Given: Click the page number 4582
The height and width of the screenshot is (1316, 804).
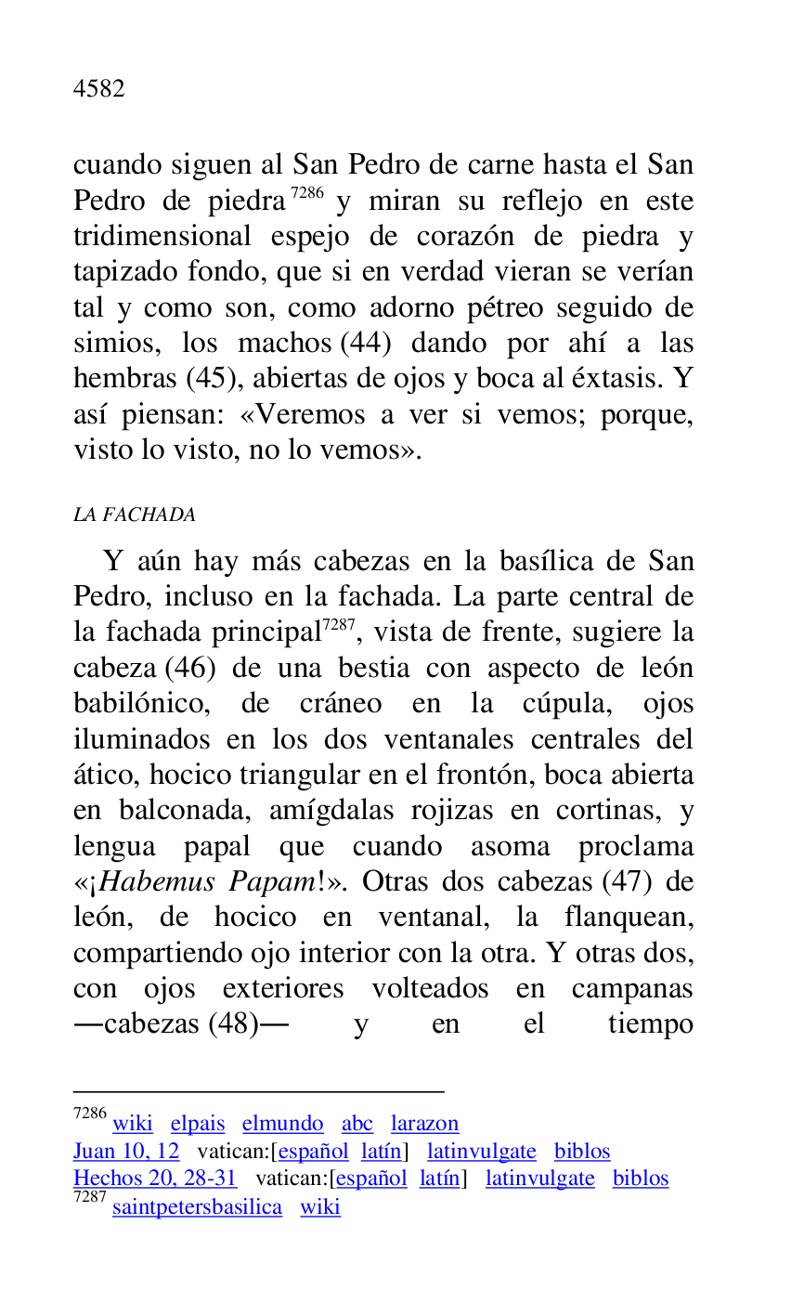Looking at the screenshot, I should coord(98,89).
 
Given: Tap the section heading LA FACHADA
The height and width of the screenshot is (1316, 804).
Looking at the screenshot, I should coord(134,515).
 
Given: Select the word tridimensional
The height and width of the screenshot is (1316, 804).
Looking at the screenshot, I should coord(162,237).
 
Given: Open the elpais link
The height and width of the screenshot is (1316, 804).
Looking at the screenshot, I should coord(198,1124).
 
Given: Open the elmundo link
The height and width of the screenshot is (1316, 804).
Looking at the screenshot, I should coord(282,1124).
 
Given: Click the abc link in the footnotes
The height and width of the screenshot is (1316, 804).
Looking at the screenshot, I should coord(357,1124).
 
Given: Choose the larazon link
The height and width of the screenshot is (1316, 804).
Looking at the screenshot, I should coord(424,1124).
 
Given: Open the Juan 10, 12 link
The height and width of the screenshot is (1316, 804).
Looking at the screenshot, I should coord(126,1152).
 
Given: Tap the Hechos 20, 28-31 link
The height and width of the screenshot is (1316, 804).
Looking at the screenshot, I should coord(155,1179).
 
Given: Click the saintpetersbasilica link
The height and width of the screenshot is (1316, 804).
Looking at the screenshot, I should coord(197,1207).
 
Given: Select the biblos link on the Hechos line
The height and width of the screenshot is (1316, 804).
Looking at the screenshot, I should coord(640,1179).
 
